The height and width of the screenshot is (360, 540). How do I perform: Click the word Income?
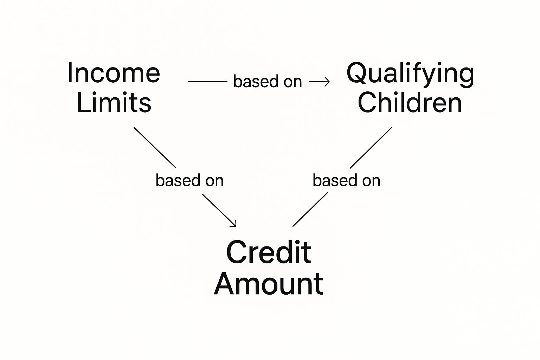(x=114, y=73)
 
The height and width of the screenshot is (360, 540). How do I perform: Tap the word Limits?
(x=114, y=103)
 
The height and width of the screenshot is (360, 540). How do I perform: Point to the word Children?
(x=410, y=103)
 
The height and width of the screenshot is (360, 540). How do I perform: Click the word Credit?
(x=269, y=252)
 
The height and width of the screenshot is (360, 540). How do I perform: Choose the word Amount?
(x=269, y=284)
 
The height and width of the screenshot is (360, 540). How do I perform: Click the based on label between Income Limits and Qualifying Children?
(x=268, y=82)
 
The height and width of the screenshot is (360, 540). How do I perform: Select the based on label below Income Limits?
(x=189, y=181)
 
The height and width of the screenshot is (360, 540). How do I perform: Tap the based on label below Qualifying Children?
(x=346, y=181)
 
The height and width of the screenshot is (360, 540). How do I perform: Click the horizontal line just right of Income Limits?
(x=207, y=82)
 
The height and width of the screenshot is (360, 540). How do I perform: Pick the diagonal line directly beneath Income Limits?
(x=155, y=147)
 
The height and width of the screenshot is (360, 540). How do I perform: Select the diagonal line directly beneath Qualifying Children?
(x=371, y=148)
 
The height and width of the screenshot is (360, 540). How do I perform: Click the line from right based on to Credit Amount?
(x=310, y=210)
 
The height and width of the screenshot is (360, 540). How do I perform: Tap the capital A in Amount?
(x=225, y=284)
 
